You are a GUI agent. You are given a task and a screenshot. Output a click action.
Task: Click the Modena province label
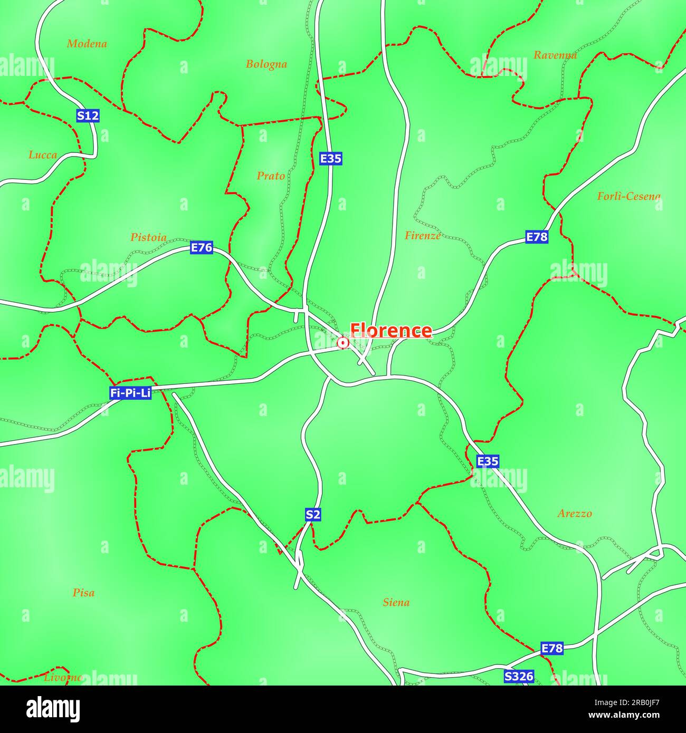87,44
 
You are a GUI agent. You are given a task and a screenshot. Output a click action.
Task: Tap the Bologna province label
266,64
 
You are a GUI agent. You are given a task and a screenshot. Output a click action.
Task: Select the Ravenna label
555,55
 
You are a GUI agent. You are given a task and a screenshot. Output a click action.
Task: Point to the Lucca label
42,155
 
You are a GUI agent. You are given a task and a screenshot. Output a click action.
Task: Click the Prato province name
271,176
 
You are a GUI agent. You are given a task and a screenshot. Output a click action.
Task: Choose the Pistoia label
148,238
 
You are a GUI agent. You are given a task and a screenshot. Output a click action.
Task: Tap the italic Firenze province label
422,236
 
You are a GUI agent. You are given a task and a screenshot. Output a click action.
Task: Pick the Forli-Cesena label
628,197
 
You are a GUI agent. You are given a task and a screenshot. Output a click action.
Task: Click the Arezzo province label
575,514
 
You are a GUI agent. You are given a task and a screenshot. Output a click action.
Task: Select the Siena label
396,602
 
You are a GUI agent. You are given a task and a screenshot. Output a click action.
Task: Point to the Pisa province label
83,593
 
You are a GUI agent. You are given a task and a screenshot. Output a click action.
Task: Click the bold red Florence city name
391,331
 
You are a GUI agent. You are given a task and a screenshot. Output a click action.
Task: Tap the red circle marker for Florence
343,343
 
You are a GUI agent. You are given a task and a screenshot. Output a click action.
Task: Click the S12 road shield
88,116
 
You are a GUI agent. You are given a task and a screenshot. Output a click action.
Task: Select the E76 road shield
202,248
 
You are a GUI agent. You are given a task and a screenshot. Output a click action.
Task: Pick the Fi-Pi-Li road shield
130,393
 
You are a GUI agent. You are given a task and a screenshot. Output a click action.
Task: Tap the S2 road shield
313,515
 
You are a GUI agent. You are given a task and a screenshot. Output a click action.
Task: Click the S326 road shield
519,676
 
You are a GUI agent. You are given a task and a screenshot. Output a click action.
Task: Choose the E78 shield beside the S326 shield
552,648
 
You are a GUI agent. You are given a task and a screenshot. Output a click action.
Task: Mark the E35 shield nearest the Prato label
331,158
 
